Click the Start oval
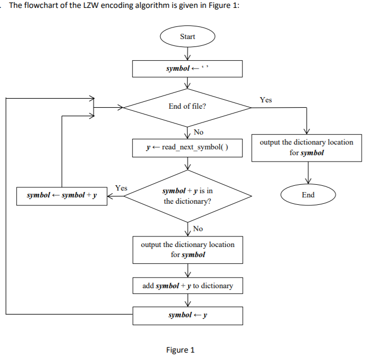(x=187, y=37)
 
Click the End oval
(x=308, y=195)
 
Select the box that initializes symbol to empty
(x=187, y=69)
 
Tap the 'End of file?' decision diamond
(x=187, y=107)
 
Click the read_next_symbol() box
(x=187, y=147)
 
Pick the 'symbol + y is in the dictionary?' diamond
(x=187, y=196)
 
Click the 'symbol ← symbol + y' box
(x=62, y=196)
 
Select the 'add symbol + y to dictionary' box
(x=187, y=286)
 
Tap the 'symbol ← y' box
(x=187, y=315)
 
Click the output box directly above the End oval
(x=306, y=147)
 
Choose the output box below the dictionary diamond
(x=187, y=250)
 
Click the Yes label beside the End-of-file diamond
(x=266, y=100)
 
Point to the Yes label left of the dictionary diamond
(x=121, y=188)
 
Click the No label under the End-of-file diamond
(x=199, y=132)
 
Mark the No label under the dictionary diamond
(x=199, y=229)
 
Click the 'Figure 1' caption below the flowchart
(x=180, y=350)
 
